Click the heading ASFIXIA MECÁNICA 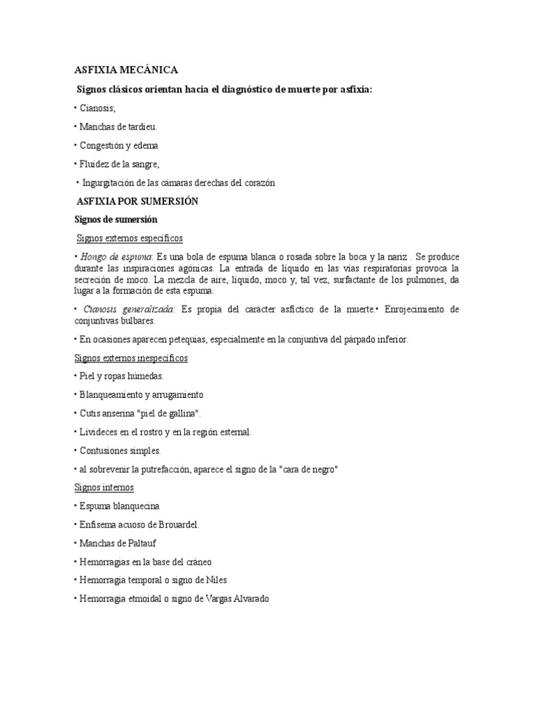point(127,69)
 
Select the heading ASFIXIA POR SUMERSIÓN point(138,201)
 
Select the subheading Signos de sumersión point(117,220)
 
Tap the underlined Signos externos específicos point(129,239)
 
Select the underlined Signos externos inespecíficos point(131,358)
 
